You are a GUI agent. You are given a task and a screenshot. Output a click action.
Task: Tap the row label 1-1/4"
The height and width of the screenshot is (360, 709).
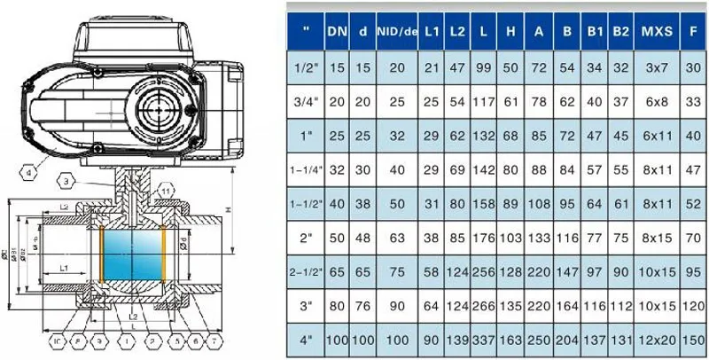point(307,169)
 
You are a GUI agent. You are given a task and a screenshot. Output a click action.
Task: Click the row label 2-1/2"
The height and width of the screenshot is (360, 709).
point(307,269)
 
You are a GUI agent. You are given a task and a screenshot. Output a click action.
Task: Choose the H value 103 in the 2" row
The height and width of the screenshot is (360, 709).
point(510,237)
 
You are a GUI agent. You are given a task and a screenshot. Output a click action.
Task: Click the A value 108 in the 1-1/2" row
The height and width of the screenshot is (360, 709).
point(538,203)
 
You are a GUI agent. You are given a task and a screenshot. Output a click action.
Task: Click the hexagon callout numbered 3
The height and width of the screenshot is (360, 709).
point(67,182)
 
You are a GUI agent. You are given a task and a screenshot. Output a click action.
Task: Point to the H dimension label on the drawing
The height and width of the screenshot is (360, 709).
point(228,209)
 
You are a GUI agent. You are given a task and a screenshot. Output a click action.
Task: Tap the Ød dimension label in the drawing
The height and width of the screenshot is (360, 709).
point(183,242)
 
